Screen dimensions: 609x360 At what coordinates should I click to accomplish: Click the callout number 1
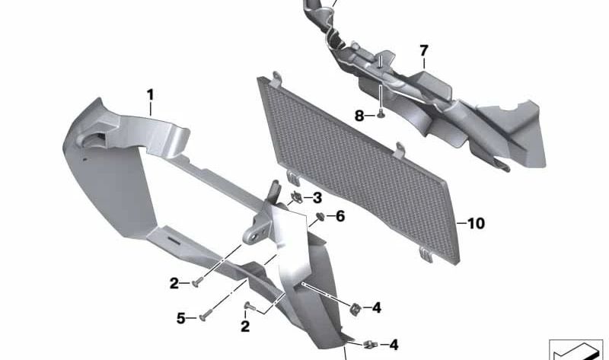point(150,95)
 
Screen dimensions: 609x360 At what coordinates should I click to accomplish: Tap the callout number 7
point(424,50)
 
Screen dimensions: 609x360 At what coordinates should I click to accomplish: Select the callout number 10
point(476,223)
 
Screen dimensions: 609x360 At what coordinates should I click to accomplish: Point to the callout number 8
point(359,116)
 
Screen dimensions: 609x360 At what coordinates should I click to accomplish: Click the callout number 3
point(317,198)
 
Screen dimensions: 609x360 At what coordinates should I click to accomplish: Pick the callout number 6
point(340,216)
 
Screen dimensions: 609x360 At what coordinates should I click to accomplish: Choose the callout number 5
point(181,318)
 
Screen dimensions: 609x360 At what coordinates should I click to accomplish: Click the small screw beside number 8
point(380,115)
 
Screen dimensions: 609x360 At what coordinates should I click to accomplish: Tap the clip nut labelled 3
point(297,198)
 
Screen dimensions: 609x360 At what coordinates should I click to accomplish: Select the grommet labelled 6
point(320,216)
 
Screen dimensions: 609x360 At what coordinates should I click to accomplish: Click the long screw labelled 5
point(206,315)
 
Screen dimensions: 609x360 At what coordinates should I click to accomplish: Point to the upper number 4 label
point(376,308)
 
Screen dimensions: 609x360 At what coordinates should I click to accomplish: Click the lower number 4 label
point(394,345)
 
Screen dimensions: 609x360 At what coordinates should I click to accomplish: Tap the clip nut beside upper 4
point(355,309)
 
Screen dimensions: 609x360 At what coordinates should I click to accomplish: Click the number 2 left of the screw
point(174,283)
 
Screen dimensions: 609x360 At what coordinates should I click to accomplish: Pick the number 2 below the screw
point(245,327)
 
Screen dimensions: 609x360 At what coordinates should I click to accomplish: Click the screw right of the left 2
point(196,282)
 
